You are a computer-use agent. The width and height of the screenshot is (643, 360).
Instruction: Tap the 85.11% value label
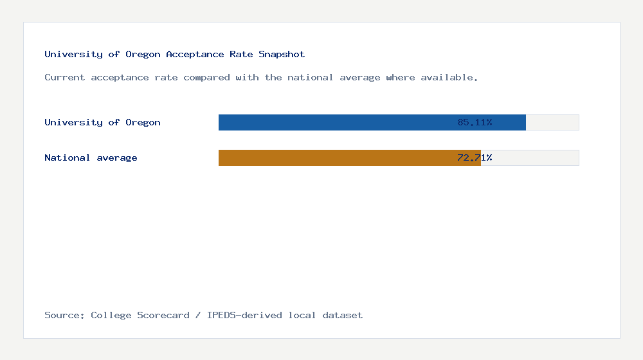point(475,122)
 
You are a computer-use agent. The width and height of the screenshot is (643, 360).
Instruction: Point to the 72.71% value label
point(475,157)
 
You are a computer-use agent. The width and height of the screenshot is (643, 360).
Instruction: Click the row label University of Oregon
point(102,122)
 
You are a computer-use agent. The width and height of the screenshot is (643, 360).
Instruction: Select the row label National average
point(91,157)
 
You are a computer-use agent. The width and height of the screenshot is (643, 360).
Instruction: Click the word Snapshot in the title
point(282,54)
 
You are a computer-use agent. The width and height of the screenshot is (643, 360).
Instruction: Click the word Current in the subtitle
point(65,77)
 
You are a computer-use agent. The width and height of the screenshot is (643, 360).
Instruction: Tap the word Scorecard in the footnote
point(163,315)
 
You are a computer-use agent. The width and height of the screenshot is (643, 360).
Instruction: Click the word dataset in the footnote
point(342,315)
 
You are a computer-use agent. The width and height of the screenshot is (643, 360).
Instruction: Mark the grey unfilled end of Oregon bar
point(552,122)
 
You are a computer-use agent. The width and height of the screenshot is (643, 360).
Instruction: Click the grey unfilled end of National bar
point(530,157)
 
